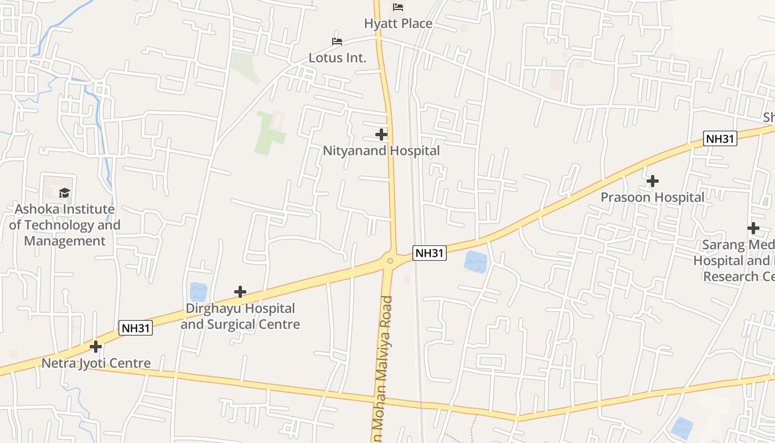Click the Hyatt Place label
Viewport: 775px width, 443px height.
(398, 24)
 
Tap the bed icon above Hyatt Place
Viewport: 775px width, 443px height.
(398, 7)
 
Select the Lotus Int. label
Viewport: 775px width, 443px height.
(337, 58)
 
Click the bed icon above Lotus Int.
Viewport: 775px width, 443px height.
(337, 42)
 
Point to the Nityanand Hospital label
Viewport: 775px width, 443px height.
(381, 151)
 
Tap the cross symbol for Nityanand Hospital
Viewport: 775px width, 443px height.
(381, 134)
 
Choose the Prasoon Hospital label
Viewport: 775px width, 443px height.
(653, 197)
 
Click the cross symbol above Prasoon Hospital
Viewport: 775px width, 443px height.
(653, 181)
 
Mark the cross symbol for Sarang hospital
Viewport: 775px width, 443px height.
(753, 228)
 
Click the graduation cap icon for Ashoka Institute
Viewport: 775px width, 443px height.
(65, 193)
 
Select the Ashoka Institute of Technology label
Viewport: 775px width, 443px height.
(65, 225)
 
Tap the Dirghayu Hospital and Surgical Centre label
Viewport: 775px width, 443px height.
(240, 316)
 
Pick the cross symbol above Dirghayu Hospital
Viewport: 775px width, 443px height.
(240, 292)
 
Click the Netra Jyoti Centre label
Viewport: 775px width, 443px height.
(96, 363)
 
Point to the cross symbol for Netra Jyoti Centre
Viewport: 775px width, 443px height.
(96, 347)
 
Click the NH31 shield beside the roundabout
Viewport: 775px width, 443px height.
(430, 253)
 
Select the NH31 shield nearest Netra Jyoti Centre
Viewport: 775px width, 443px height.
(136, 328)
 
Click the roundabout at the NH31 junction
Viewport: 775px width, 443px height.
(390, 260)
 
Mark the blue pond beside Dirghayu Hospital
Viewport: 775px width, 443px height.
(198, 292)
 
